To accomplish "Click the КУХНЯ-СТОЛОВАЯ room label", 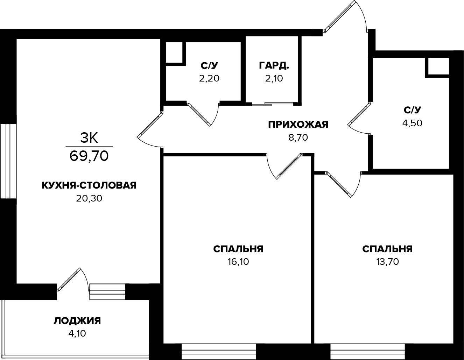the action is tap(89, 185).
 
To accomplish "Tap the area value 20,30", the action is tap(89, 198).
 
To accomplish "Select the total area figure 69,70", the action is tap(89, 156).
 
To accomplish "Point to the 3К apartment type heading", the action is tap(89, 138).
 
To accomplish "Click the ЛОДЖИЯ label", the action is tap(77, 321).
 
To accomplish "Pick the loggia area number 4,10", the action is tap(77, 333).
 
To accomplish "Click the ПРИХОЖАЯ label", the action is tap(298, 125).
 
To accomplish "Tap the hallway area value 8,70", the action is tap(298, 137).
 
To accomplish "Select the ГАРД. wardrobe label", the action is tap(274, 65).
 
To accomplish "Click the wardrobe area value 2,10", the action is tap(274, 78).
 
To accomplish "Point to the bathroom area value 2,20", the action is tap(209, 78).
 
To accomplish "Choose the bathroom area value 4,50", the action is tap(412, 123).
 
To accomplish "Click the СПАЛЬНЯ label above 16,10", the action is tap(238, 249).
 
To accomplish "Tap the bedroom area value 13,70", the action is tap(387, 262).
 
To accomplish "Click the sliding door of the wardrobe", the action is tap(272, 104).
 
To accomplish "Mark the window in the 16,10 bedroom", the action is tap(219, 352).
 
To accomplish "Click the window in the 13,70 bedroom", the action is tap(367, 352).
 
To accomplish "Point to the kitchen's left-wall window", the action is tap(8, 161).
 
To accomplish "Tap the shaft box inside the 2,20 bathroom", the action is tap(174, 52).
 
